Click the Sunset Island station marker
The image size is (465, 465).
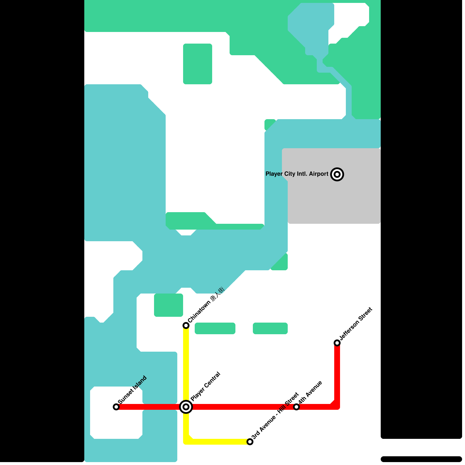point(116,407)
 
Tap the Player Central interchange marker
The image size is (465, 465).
point(186,407)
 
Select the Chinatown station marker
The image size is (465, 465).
point(186,325)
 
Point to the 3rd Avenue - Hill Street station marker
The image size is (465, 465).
point(250,442)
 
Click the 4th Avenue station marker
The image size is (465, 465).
point(296,407)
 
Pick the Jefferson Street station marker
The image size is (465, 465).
point(337,343)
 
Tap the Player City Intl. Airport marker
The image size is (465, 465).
point(337,174)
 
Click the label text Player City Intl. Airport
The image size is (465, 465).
point(297,174)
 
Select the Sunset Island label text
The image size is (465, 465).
point(133,389)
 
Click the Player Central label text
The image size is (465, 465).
point(205,386)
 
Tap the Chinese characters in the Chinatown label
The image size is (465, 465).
point(218,294)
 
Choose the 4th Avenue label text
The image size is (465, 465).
point(310,392)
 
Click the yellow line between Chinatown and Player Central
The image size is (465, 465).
point(186,366)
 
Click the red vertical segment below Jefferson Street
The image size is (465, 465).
point(337,375)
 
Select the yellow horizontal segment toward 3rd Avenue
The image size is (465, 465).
point(221,442)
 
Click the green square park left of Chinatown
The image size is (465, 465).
point(169,305)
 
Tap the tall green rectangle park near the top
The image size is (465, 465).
point(198,64)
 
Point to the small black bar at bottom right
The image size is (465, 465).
point(421,459)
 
